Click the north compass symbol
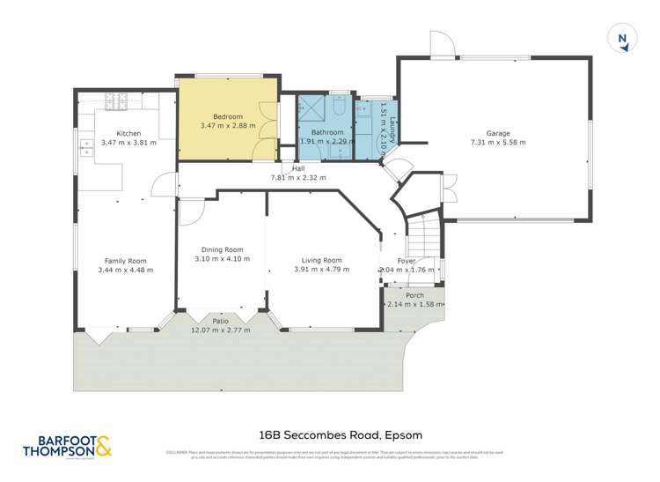622,38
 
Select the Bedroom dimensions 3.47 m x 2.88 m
228,126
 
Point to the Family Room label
125,261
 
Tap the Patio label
221,322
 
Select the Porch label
414,295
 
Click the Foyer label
406,261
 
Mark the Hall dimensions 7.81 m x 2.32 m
298,177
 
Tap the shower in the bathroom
311,108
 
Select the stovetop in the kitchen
117,101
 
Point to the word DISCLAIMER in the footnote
177,452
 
